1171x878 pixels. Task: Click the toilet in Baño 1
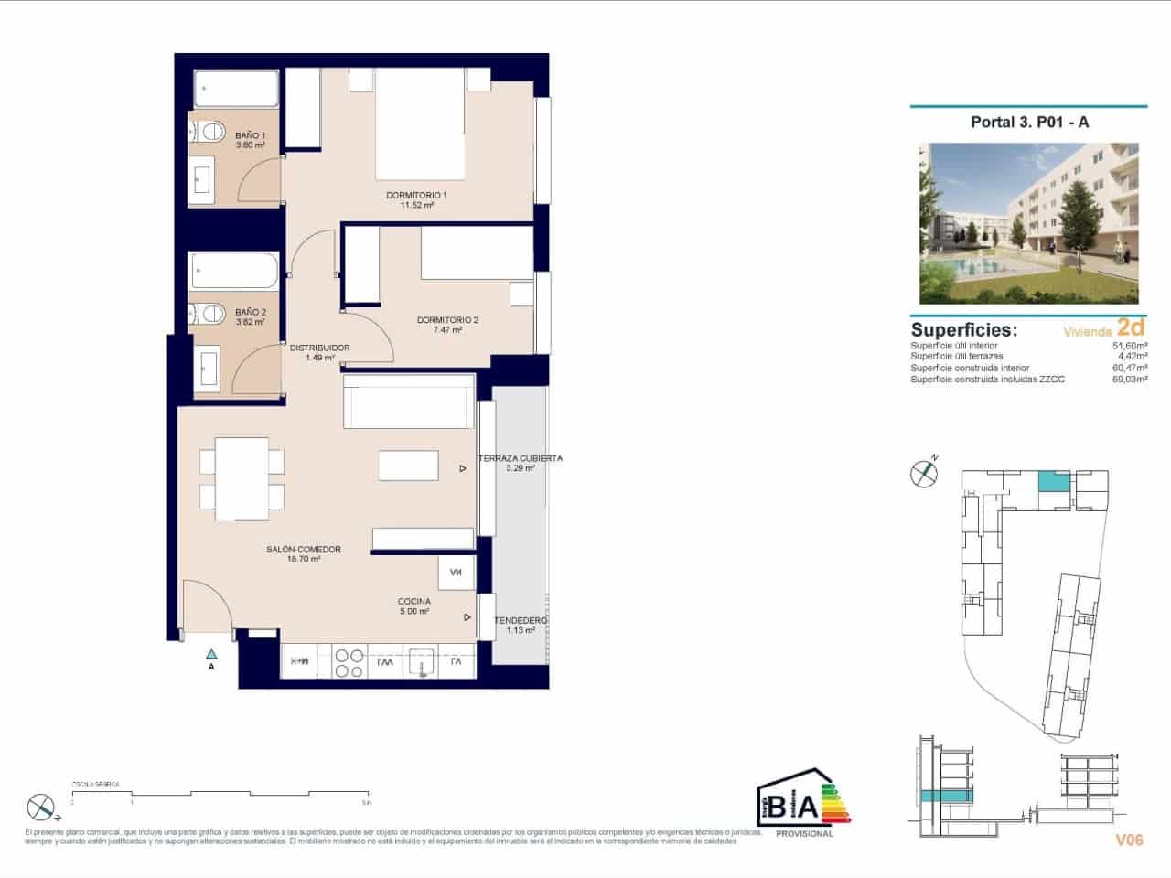[x=209, y=132]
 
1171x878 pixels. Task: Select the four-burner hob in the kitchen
[x=348, y=662]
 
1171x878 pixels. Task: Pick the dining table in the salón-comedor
[x=242, y=473]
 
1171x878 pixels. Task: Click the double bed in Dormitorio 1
[x=421, y=127]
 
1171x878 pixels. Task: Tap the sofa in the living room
[x=408, y=402]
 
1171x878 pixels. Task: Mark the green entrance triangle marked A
[x=211, y=653]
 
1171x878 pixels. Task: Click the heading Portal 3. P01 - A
[x=1029, y=122]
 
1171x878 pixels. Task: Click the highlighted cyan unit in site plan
[x=1054, y=482]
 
